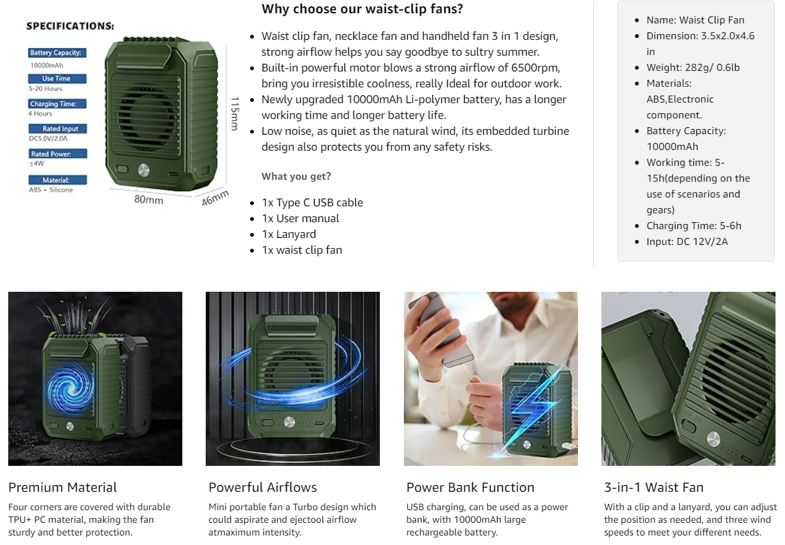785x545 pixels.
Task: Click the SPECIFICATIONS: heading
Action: [70, 27]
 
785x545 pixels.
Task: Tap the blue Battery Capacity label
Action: [57, 53]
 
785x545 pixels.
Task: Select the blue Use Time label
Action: [57, 78]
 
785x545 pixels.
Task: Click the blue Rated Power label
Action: [58, 154]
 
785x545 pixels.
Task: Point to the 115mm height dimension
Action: [235, 113]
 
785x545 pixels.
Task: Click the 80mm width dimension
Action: [149, 200]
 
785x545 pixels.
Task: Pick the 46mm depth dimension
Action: [215, 198]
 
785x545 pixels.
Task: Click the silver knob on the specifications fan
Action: [144, 170]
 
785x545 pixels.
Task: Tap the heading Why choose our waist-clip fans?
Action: [362, 9]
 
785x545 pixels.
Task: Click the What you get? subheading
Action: [296, 177]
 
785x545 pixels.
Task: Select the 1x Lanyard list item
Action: [289, 234]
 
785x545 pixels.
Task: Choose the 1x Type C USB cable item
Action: [313, 203]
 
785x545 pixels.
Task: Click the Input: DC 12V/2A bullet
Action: [688, 241]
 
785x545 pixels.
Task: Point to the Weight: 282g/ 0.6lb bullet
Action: [693, 67]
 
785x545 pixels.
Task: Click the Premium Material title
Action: [63, 487]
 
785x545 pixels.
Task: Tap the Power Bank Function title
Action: [470, 487]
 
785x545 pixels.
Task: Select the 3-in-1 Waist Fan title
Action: [654, 487]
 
